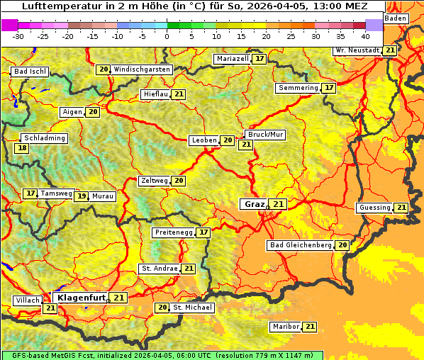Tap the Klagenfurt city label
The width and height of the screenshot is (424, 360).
point(82,298)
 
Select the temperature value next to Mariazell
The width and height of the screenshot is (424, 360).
point(260,59)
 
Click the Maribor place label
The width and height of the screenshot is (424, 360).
point(286,327)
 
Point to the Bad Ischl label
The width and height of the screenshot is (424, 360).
point(30,72)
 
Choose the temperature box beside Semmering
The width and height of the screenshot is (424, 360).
point(328,88)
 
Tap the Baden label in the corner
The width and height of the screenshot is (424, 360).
point(396,18)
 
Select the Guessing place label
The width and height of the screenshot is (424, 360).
point(374,208)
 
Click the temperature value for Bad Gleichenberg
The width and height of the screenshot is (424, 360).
point(342,245)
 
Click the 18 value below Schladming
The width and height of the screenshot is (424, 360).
point(23,148)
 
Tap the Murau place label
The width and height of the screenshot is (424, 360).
point(103,196)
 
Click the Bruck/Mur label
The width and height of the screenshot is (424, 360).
point(264,134)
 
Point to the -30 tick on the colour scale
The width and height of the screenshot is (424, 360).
point(18,35)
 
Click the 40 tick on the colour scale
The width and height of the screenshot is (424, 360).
point(365,35)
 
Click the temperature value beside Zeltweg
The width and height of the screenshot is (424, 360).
point(179,181)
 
